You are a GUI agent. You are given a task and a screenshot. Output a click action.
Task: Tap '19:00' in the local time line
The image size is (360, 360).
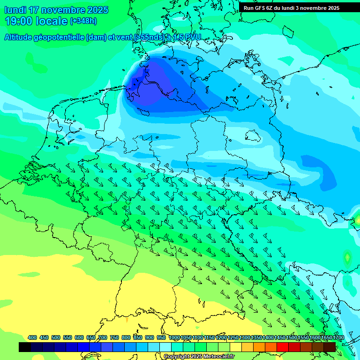click(x=19, y=21)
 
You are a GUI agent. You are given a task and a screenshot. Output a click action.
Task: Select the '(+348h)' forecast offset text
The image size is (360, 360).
click(x=83, y=21)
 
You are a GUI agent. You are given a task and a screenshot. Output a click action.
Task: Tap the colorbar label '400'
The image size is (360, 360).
click(x=32, y=337)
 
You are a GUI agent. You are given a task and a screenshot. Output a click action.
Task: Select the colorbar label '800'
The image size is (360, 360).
click(x=126, y=337)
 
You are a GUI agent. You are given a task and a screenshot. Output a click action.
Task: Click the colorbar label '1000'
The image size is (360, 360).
click(x=174, y=337)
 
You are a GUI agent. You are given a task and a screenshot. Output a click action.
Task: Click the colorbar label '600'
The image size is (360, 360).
click(x=79, y=337)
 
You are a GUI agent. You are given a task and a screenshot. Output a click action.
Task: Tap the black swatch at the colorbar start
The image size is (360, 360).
click(x=25, y=347)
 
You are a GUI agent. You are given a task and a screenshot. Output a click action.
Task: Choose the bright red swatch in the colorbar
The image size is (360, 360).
click(x=283, y=347)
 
